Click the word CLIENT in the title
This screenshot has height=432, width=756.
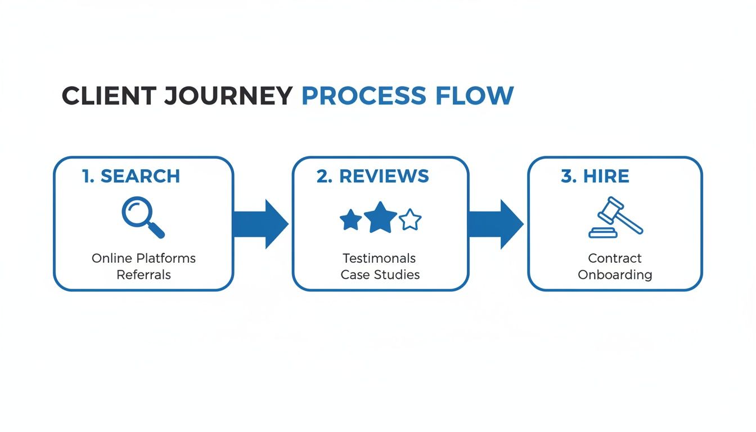coord(108,96)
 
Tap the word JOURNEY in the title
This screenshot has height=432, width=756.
coord(228,96)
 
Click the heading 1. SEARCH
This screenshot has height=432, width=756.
coord(131,176)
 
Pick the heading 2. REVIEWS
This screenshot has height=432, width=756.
coord(372,176)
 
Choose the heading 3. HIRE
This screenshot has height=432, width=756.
coord(595,176)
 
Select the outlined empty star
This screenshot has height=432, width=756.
coord(410,220)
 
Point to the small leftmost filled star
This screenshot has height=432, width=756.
coord(351,220)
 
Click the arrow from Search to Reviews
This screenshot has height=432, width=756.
coord(260,224)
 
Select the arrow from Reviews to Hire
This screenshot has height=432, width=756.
coord(495,224)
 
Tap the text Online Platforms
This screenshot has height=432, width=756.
coord(143,258)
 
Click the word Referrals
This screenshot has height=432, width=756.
coord(143,274)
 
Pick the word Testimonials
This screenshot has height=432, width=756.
coord(379,258)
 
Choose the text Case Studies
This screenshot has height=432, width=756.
coord(380,274)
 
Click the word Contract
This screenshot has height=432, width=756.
coord(614,258)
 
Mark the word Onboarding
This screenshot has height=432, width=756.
coord(615,274)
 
